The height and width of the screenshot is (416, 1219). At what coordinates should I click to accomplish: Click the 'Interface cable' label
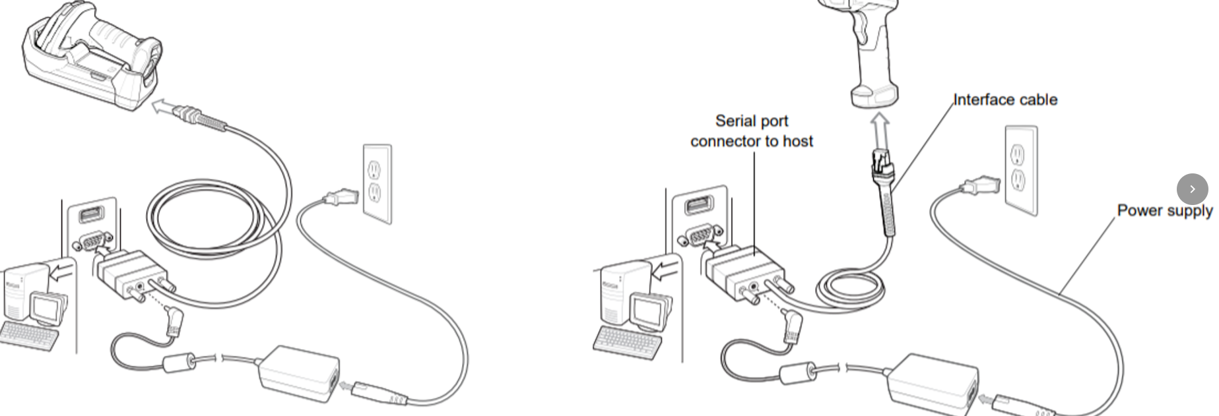(1005, 100)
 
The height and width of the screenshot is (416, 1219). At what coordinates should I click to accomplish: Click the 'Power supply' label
(1164, 211)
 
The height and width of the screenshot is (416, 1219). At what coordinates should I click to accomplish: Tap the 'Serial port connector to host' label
(752, 131)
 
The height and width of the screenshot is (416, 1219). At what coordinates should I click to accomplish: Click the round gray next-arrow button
(1192, 189)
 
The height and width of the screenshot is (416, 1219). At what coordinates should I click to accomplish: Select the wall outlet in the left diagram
(377, 183)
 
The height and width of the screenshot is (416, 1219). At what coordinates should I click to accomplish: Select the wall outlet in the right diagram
(1020, 170)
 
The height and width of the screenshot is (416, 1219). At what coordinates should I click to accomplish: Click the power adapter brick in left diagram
(298, 373)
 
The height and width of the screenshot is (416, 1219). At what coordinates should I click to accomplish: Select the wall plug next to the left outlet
(341, 197)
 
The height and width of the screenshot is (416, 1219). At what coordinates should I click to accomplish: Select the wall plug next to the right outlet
(979, 185)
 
